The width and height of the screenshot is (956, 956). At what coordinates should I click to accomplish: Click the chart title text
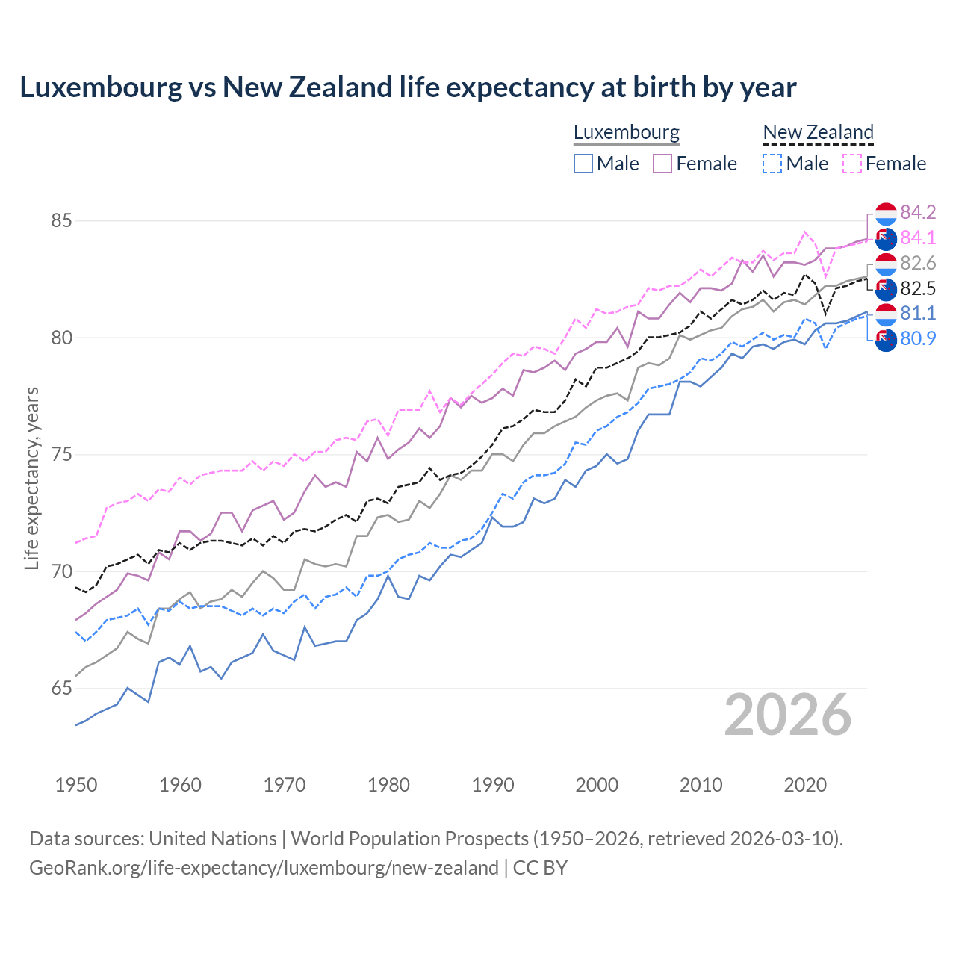(x=408, y=87)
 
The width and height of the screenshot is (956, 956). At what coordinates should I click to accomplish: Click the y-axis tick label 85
(x=61, y=221)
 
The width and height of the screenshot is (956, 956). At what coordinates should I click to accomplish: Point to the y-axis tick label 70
(x=61, y=571)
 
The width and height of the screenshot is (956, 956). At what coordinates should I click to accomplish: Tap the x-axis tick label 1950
(x=76, y=785)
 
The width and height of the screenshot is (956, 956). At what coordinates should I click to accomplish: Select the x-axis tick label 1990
(x=493, y=785)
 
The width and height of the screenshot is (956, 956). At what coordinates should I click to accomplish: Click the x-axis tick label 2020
(x=805, y=785)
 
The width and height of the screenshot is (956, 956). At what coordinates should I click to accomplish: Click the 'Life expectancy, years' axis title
(x=31, y=478)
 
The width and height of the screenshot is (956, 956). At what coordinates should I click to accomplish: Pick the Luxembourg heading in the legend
(x=626, y=132)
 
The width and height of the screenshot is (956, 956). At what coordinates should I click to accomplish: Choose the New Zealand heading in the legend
(x=818, y=132)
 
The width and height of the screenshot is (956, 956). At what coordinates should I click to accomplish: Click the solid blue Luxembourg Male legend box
(x=583, y=164)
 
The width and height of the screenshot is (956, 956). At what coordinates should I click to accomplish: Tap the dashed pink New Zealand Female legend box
(x=851, y=164)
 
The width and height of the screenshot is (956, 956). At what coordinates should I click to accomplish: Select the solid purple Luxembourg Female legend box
(x=662, y=164)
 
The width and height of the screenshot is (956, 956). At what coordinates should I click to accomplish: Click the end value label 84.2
(x=918, y=212)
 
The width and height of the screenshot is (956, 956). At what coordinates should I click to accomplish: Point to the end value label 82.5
(x=918, y=288)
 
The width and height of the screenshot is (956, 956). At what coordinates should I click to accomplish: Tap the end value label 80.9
(x=918, y=338)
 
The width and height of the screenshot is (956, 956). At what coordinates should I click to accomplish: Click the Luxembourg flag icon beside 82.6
(x=885, y=264)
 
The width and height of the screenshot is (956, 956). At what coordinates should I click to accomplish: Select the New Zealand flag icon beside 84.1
(x=885, y=239)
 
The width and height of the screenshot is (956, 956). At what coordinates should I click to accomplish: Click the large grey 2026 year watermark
(x=788, y=715)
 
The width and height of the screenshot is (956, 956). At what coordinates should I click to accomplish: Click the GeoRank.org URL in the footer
(x=264, y=868)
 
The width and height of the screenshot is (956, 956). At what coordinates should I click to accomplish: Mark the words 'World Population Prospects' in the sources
(x=409, y=838)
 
